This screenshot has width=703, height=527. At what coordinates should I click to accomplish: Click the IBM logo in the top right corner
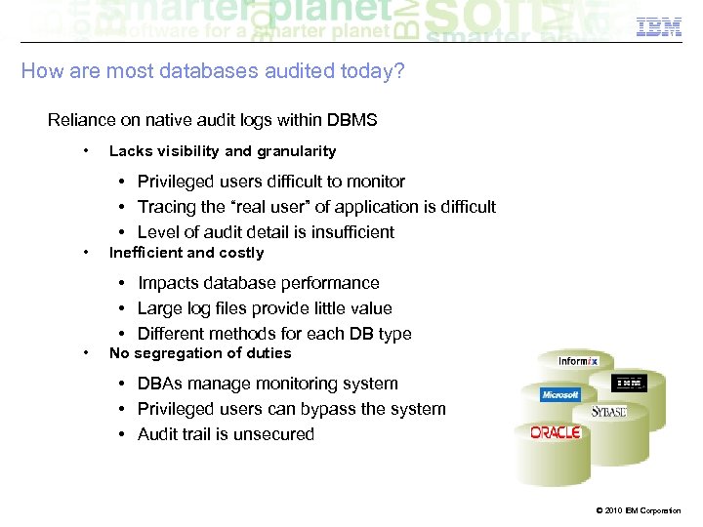point(658,27)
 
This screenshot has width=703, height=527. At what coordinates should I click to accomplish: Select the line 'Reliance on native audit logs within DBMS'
point(212,121)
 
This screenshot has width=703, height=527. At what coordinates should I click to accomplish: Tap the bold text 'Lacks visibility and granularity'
point(222,151)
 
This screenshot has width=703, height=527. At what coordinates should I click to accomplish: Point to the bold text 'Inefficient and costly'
point(186,253)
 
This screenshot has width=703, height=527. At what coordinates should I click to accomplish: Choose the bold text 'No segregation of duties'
point(199,353)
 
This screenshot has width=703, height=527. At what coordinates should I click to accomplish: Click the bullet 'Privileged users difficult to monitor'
point(270,182)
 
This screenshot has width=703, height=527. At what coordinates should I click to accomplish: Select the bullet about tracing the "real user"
point(316,207)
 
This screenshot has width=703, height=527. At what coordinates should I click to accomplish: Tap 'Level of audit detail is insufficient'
point(266,232)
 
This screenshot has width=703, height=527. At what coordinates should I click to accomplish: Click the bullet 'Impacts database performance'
point(258,283)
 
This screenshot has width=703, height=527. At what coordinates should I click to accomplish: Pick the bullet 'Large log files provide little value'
point(265,308)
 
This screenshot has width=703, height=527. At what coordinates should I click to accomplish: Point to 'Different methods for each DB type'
point(274,334)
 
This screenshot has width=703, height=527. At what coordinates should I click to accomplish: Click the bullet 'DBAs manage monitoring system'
point(268,384)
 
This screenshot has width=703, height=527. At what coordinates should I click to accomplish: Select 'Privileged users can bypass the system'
point(291,409)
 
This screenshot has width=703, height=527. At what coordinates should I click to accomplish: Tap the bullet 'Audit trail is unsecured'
point(226,434)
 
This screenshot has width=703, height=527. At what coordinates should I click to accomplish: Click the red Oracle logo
point(556,431)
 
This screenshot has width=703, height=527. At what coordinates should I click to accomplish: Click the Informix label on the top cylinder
point(578,361)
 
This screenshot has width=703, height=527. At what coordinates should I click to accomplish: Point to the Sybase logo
point(608,412)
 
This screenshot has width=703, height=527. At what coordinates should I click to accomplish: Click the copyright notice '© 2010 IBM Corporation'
point(636,510)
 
